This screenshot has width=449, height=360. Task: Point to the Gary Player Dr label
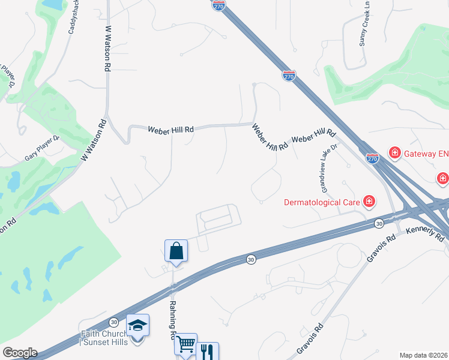pos(43,148)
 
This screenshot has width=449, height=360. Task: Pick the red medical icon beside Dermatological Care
pos(369,201)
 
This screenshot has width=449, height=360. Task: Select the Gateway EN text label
pos(427,154)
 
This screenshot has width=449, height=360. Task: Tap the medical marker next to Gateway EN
pos(395,154)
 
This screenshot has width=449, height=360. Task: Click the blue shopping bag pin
pos(176,250)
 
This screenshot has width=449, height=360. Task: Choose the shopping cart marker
pos(185,344)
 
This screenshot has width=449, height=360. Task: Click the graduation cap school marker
pos(137,325)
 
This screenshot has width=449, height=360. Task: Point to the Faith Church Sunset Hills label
pos(104,338)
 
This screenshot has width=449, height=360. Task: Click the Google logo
pos(20,353)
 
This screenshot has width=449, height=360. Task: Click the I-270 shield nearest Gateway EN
pos(372,158)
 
